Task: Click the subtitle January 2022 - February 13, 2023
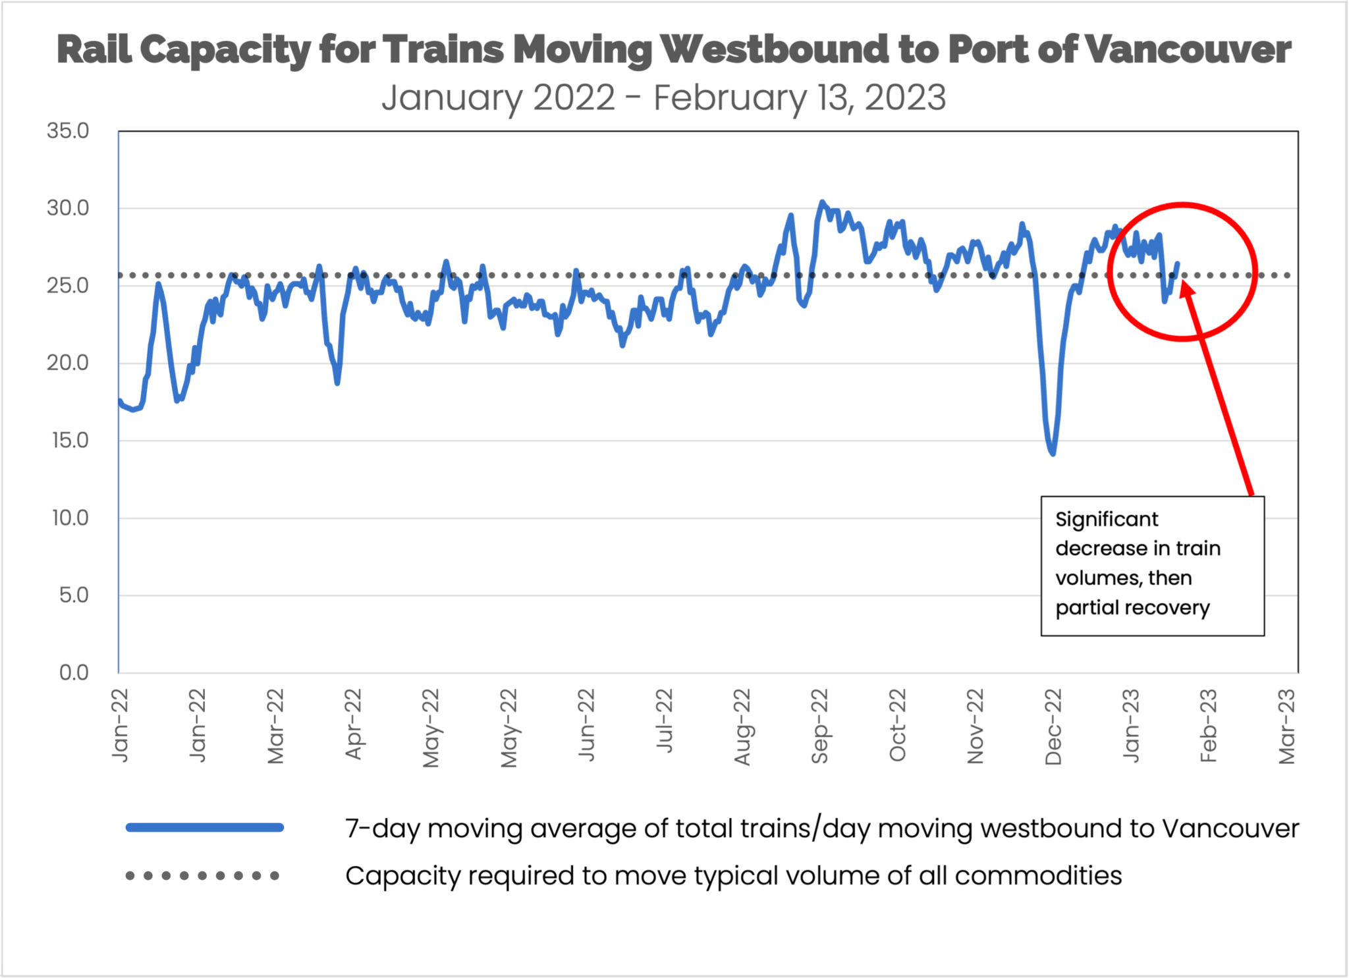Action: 663,98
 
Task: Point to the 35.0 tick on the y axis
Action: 67,131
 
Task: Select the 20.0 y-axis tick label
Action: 67,363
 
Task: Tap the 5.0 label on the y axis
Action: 73,595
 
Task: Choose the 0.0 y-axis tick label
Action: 73,672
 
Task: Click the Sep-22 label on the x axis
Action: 819,726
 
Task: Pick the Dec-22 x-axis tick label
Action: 1053,726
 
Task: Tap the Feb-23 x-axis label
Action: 1208,726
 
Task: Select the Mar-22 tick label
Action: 275,726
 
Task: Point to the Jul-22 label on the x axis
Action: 664,720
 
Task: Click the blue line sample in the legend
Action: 205,828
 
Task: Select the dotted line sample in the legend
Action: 202,876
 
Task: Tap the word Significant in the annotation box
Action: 1107,520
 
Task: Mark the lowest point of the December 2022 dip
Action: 1053,454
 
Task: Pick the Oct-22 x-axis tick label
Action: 897,726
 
